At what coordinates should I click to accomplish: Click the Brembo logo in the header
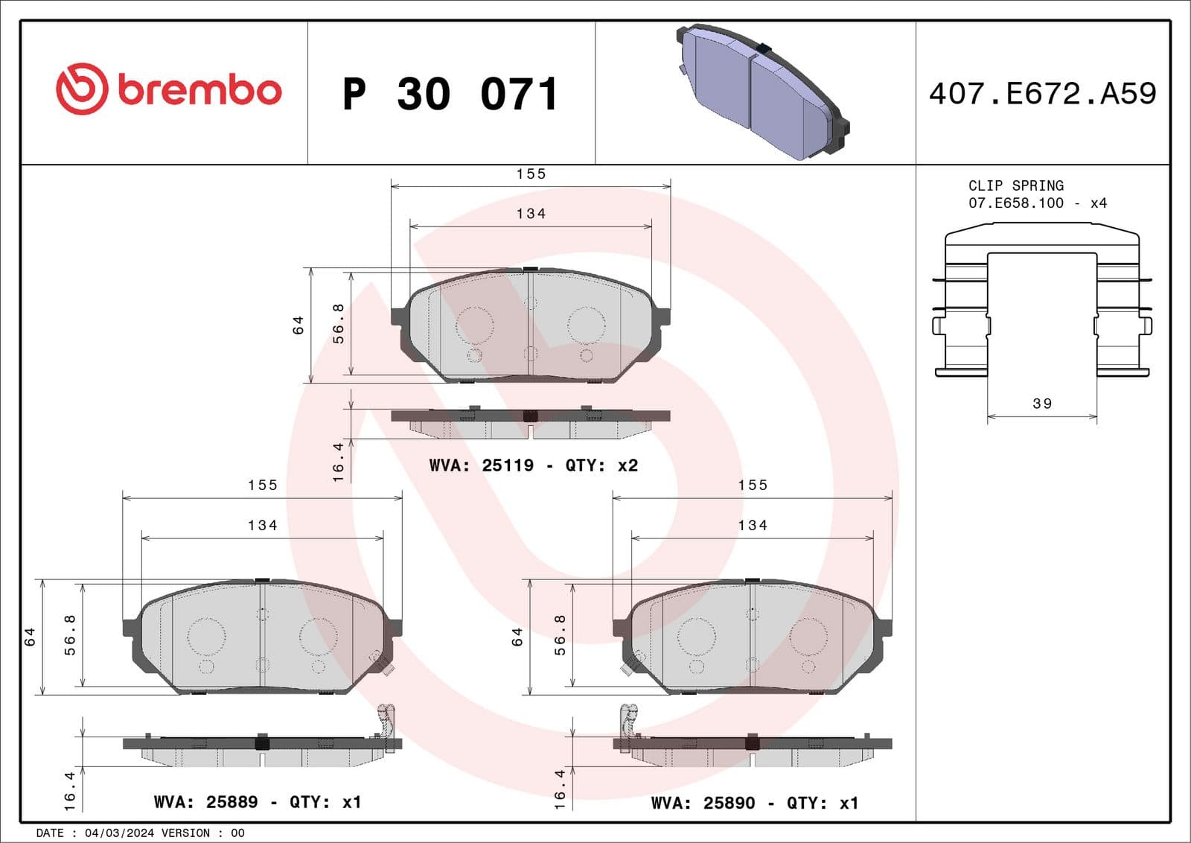coord(168,89)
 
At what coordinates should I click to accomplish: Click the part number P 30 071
coord(450,95)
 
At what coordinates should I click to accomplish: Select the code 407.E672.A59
coord(1042,94)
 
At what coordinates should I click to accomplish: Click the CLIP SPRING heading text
coord(1015,185)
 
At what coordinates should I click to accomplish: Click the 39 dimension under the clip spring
coord(1042,404)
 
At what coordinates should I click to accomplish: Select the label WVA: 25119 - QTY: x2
coord(533,465)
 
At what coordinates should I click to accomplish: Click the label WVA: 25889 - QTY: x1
coord(257,802)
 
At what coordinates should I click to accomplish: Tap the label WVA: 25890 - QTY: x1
coord(754,803)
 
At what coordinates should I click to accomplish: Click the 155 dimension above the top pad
coord(531,174)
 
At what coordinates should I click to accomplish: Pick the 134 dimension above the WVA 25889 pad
coord(262,526)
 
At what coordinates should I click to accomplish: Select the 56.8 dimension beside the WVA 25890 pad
coord(560,635)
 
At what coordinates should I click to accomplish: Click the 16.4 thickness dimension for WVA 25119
coord(339,462)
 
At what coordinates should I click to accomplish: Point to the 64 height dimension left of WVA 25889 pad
coord(30,637)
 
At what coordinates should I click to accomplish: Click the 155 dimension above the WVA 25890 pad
coord(753,486)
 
